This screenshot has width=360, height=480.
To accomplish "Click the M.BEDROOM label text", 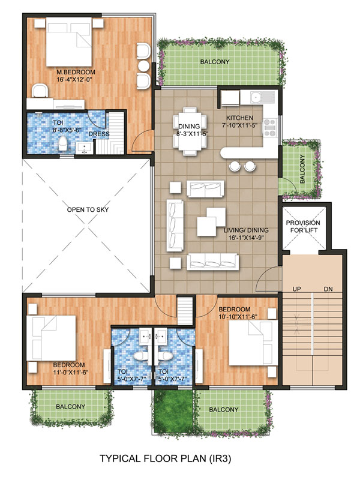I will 71,72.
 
